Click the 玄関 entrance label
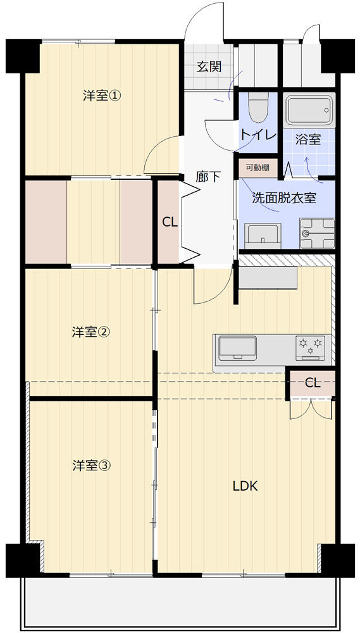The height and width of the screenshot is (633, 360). point(209,66)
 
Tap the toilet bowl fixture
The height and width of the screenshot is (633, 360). point(258,107)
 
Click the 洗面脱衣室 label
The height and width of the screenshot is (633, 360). point(284,198)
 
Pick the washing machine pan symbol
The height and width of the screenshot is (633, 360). point(317,234)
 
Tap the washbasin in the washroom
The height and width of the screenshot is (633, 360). point(263,235)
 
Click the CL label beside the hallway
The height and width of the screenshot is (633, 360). point(170,222)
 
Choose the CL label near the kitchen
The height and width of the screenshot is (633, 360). point(313,383)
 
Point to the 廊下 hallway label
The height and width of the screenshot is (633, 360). point(209,177)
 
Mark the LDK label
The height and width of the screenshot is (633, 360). point(245,486)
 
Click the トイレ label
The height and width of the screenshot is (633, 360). point(258,135)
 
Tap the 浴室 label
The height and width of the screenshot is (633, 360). point(308,140)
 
